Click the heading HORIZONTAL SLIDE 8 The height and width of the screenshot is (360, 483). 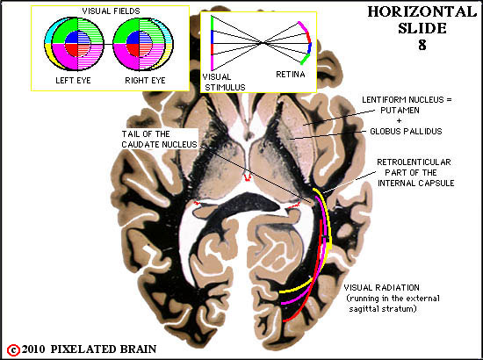click(x=422, y=28)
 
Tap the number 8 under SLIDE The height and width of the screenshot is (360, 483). click(x=422, y=45)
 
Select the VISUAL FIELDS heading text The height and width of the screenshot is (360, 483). click(x=111, y=11)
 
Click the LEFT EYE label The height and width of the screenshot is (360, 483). click(x=73, y=81)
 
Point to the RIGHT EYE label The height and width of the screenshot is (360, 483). click(x=145, y=81)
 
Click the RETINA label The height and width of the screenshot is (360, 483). click(x=291, y=75)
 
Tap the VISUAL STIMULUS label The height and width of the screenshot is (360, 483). click(x=224, y=82)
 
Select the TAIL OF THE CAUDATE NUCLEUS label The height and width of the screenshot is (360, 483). click(x=159, y=140)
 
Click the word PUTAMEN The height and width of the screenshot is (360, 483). click(x=400, y=111)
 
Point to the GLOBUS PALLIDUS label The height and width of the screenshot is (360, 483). click(x=406, y=132)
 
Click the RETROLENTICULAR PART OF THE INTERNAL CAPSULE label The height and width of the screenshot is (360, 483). click(x=415, y=172)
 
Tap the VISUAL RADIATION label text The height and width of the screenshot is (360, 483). click(x=381, y=288)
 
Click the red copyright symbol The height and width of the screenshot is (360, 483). click(x=13, y=350)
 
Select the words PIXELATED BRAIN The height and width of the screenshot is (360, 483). click(x=104, y=349)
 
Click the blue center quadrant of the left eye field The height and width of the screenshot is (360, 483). click(x=71, y=38)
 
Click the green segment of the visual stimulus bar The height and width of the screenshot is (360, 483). click(x=212, y=24)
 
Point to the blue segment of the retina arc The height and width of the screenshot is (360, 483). click(x=310, y=48)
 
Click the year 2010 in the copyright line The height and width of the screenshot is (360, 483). click(x=33, y=349)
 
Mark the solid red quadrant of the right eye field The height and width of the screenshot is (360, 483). click(x=133, y=49)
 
